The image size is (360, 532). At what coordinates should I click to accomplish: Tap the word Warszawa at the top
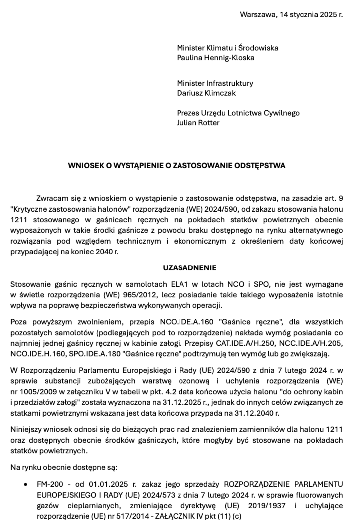257,14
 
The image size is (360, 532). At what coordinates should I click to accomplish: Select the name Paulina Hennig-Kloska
215,58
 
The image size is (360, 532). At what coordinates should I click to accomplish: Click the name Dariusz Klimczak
206,93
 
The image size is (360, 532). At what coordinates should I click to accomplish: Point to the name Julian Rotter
198,123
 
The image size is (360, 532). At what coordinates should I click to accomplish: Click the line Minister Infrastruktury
215,83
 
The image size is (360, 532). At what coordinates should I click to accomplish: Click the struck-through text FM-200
50,484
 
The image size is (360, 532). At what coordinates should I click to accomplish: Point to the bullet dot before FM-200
25,485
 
